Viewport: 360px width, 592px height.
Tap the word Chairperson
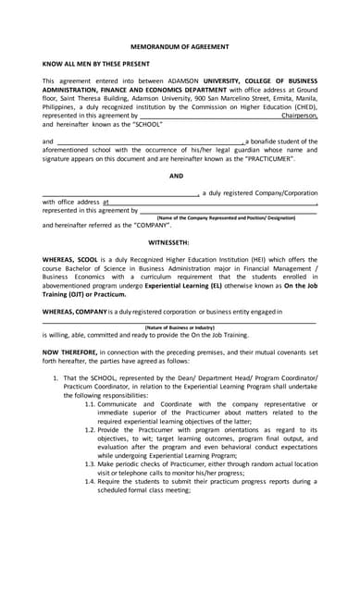coord(299,116)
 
